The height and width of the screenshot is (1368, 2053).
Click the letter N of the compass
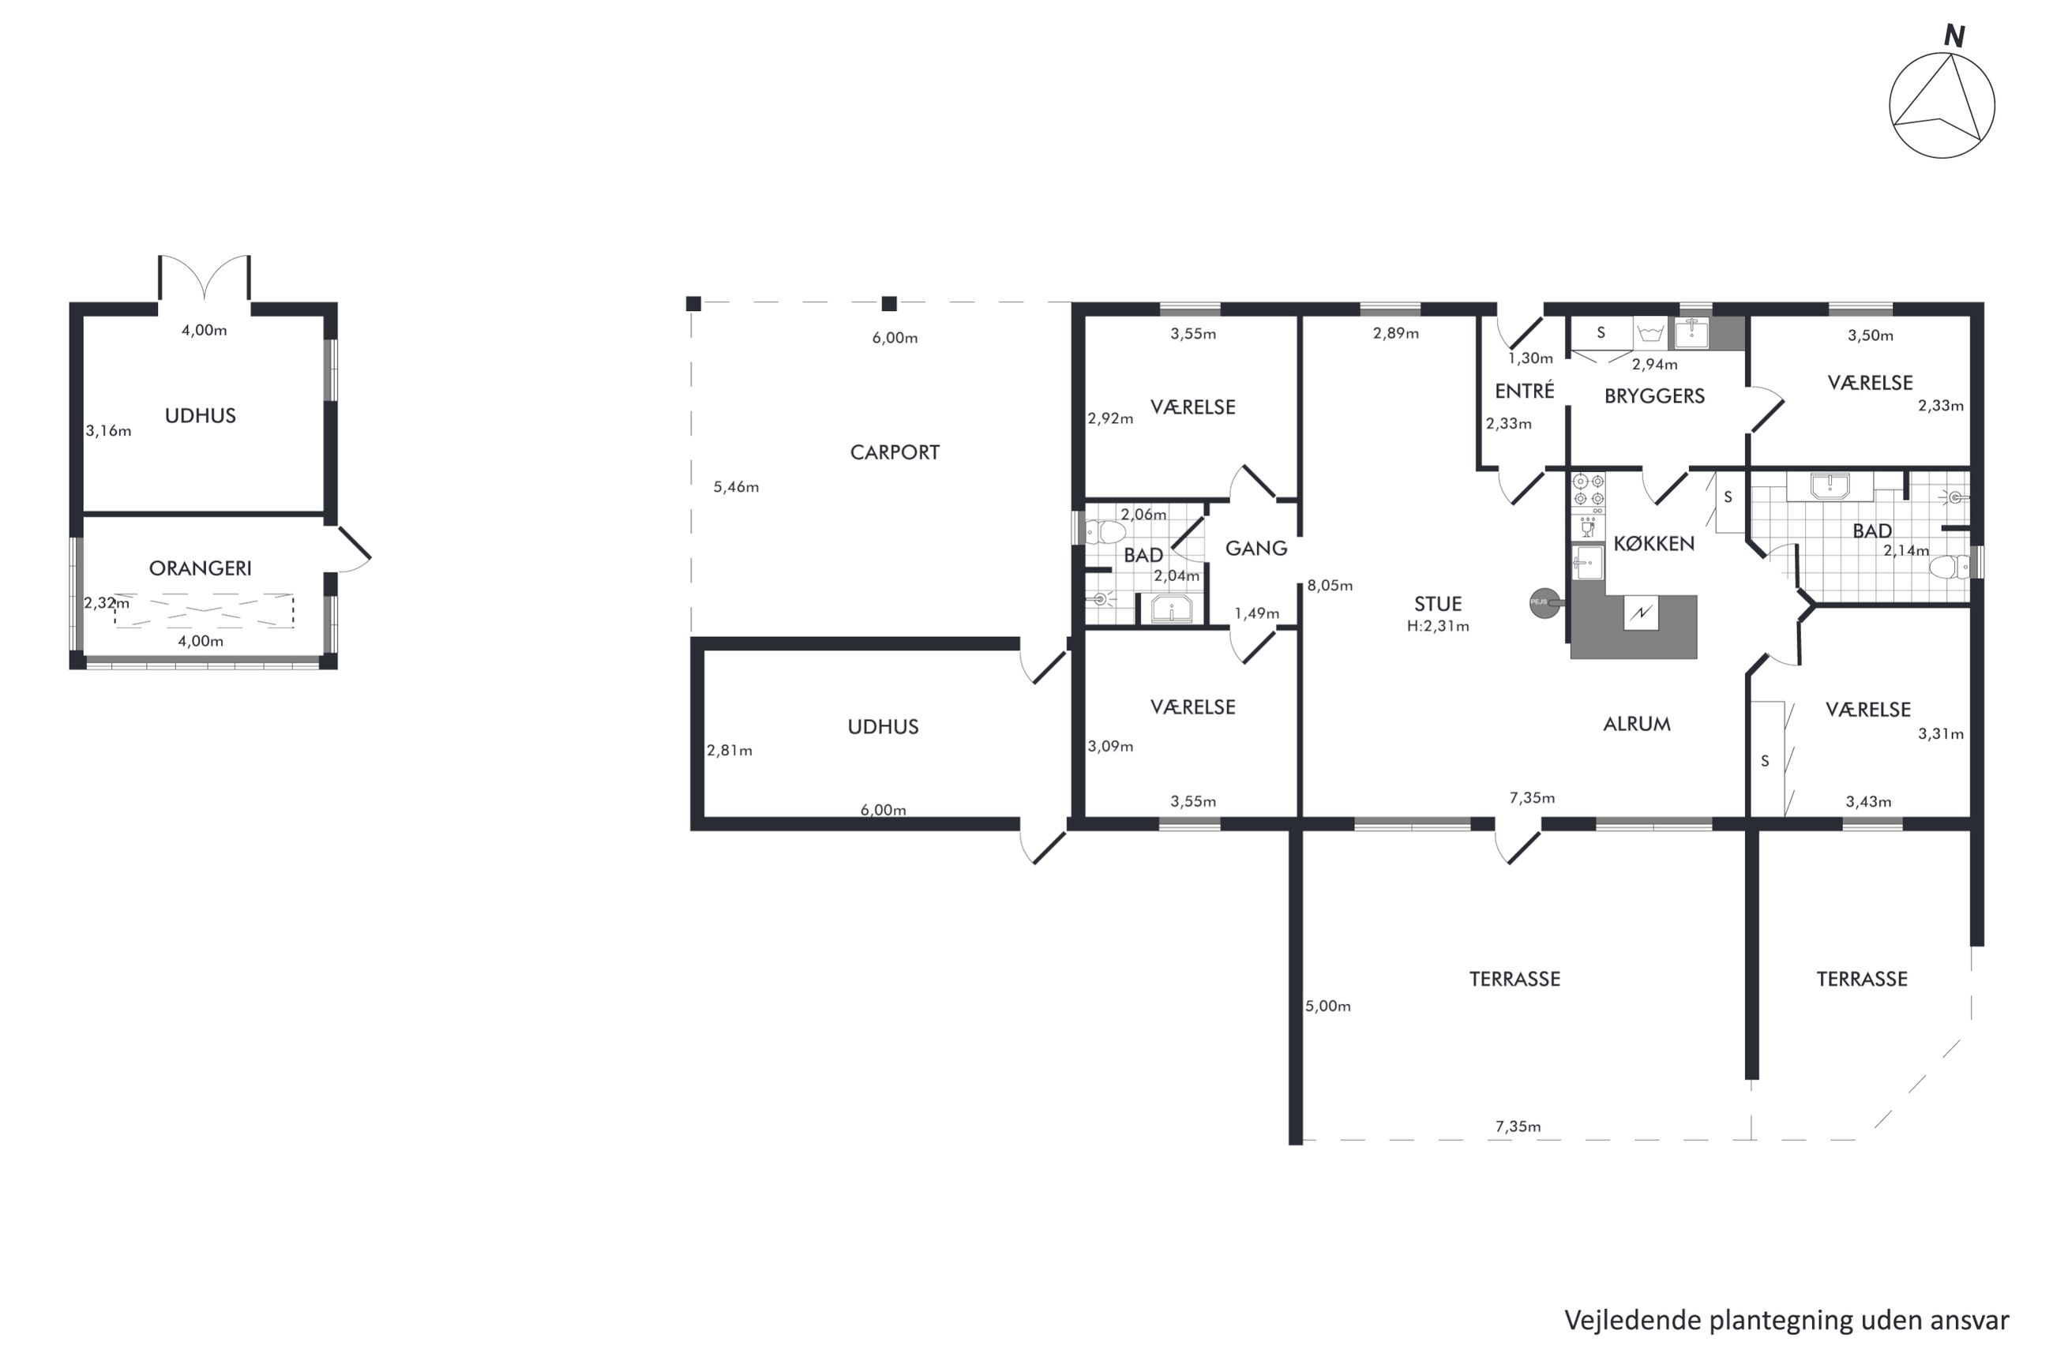(x=1954, y=36)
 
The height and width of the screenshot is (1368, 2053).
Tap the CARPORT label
(x=895, y=453)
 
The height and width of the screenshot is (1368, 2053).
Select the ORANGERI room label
(x=200, y=569)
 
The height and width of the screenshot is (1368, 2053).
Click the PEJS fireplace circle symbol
(x=1544, y=602)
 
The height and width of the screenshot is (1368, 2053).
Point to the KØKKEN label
(x=1653, y=544)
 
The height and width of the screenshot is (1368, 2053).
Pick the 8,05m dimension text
(x=1330, y=586)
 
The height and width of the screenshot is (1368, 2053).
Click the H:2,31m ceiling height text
(x=1437, y=625)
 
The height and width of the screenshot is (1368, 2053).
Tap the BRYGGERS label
(x=1654, y=396)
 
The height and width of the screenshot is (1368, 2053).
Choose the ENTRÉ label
(x=1524, y=391)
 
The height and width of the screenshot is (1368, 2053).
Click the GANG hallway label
(x=1255, y=549)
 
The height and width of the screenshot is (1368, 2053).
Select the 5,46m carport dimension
(x=735, y=487)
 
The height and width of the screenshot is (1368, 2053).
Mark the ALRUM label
(x=1637, y=724)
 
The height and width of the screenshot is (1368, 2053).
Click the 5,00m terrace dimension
(x=1327, y=1006)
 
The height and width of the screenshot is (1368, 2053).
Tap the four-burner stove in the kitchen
(x=1588, y=490)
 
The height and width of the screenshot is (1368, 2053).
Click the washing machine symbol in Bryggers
(x=1650, y=332)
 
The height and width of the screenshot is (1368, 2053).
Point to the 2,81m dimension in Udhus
(x=729, y=750)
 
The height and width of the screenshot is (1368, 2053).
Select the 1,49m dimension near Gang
(x=1256, y=613)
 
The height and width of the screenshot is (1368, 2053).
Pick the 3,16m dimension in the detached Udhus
(x=108, y=431)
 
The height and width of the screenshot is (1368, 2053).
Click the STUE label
(x=1437, y=604)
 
